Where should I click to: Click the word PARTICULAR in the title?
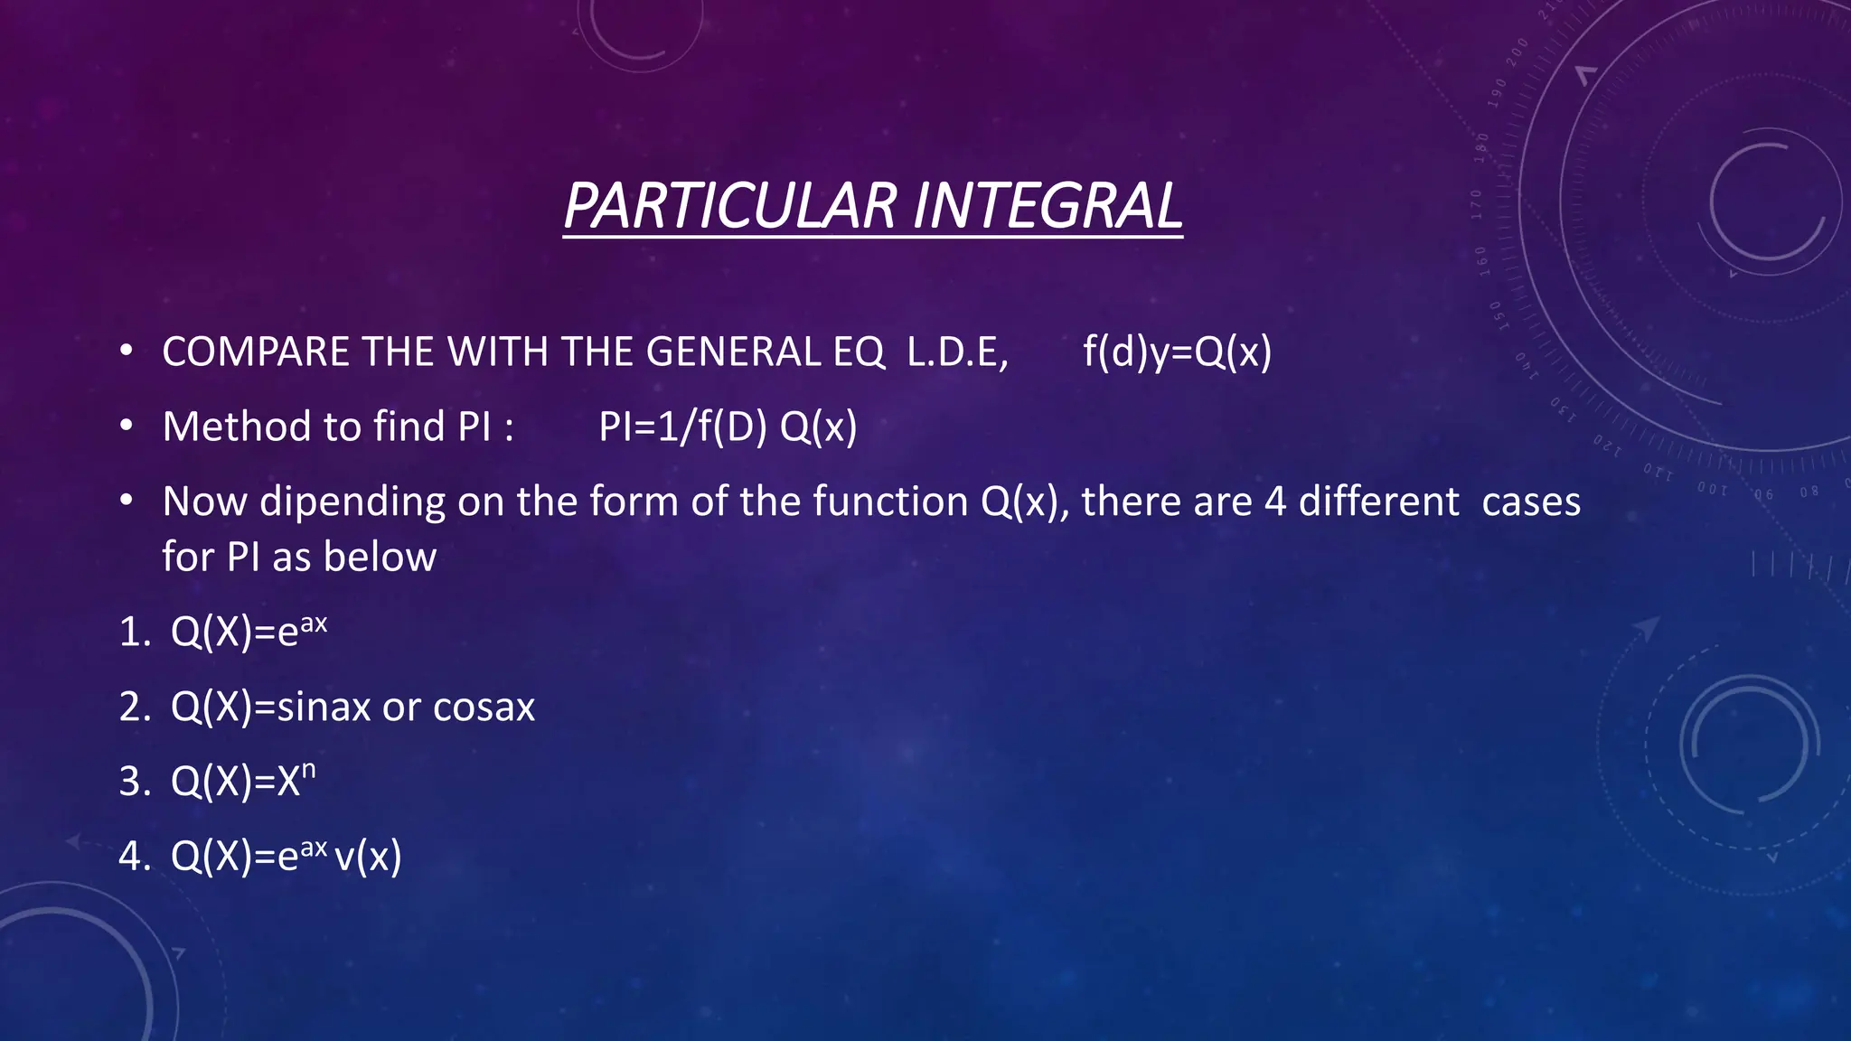730,206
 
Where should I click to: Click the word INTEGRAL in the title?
1048,206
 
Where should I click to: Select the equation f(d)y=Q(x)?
1177,352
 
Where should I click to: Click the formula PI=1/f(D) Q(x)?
728,427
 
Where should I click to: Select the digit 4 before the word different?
1274,502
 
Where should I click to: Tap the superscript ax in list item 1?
314,624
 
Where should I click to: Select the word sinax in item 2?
324,707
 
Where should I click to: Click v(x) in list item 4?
368,856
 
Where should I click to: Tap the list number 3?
131,782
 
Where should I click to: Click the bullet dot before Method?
127,425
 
